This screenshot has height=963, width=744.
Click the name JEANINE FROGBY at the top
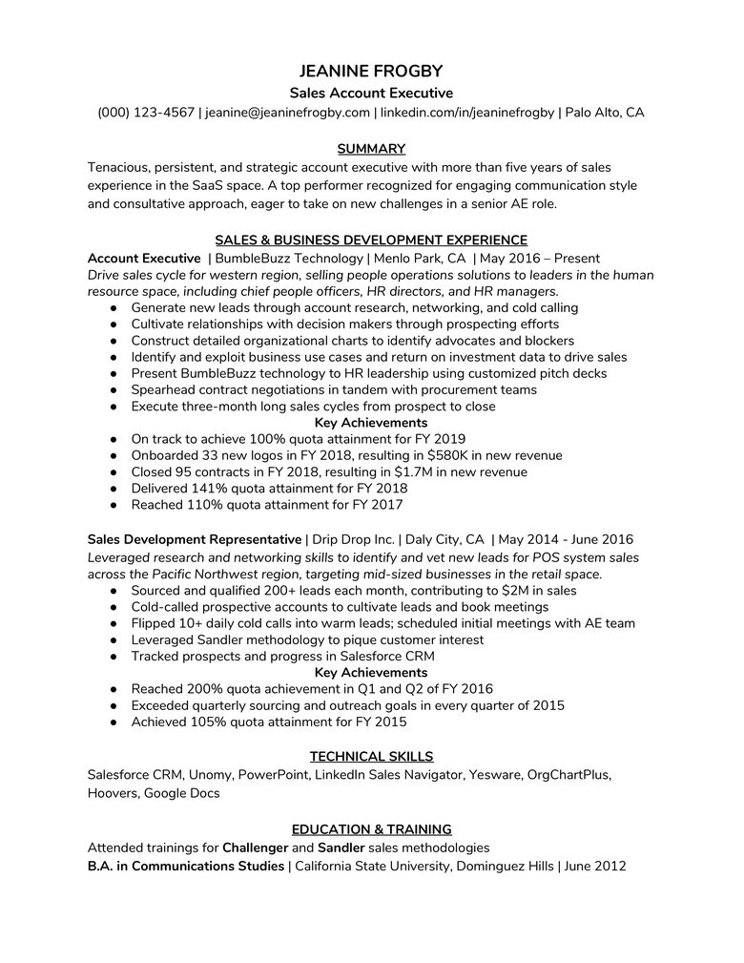(x=371, y=72)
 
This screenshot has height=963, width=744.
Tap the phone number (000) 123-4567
(x=146, y=113)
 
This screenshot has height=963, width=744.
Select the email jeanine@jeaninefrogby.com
(x=287, y=113)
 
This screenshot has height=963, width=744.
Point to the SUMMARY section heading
(x=371, y=149)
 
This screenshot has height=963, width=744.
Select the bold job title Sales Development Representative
(x=194, y=540)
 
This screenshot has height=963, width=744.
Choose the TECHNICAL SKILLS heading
(x=371, y=757)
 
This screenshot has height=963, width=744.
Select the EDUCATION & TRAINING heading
(x=371, y=829)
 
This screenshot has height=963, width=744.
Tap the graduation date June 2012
(x=595, y=866)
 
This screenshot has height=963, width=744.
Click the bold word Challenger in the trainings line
(x=255, y=848)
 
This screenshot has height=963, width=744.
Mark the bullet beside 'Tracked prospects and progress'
(x=113, y=657)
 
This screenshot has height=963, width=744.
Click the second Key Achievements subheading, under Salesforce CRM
(x=371, y=673)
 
